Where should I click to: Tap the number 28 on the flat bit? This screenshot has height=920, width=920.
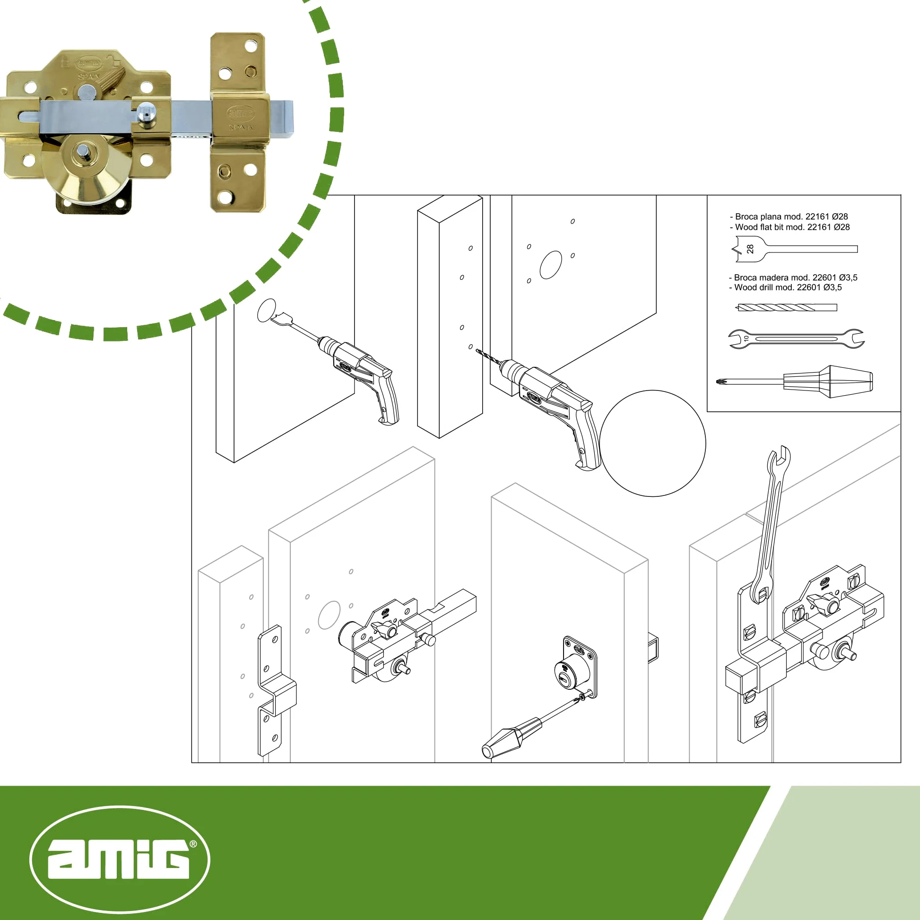point(750,249)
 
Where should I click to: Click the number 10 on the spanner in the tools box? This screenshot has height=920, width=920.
point(746,338)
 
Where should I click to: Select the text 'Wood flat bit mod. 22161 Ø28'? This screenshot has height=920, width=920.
point(792,227)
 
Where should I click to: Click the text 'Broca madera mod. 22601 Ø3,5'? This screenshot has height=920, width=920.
point(796,277)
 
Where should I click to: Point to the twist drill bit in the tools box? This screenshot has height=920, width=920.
point(787,308)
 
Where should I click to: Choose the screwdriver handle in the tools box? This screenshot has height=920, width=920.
point(828,382)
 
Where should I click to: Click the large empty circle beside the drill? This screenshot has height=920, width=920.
point(653,443)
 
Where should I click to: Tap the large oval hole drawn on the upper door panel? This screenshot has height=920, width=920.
point(550,265)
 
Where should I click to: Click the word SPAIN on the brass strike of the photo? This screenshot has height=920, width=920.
point(241,128)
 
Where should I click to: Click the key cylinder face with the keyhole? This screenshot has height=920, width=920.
point(565,671)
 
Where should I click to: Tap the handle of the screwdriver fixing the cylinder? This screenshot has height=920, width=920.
point(512,738)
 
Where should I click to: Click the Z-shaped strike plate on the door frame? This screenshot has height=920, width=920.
point(276,691)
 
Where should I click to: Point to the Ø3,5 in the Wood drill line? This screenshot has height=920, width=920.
point(833,287)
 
